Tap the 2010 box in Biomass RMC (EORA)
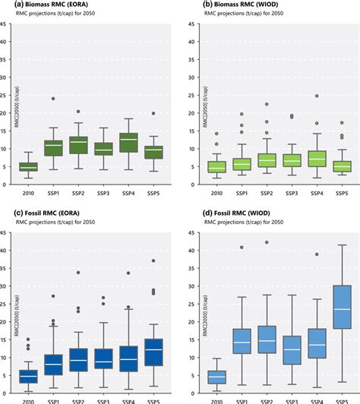(x=28, y=166)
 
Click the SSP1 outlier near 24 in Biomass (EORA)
(x=53, y=99)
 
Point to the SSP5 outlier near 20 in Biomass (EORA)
(x=153, y=114)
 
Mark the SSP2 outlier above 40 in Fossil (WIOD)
(x=266, y=242)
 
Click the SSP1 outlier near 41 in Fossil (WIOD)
(x=241, y=248)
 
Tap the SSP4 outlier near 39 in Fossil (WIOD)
(x=315, y=254)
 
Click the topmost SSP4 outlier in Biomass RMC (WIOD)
(x=315, y=96)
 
